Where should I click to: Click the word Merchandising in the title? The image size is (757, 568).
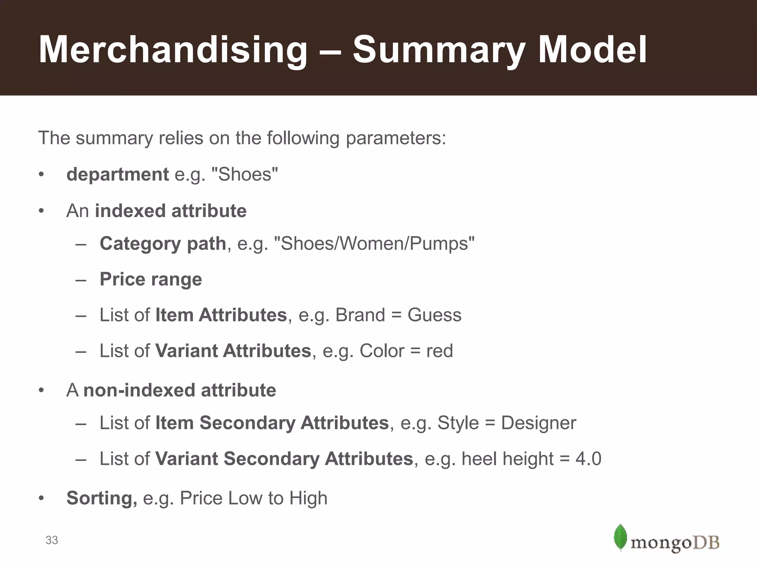click(x=173, y=50)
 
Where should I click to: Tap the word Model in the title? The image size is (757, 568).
click(x=592, y=50)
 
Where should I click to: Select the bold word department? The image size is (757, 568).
click(x=118, y=174)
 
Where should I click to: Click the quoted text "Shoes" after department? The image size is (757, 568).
click(x=244, y=174)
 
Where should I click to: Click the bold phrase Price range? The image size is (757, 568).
click(x=151, y=279)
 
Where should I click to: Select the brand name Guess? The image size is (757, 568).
click(x=434, y=315)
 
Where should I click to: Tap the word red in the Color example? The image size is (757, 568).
click(x=439, y=351)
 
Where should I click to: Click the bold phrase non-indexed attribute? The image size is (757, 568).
click(x=180, y=390)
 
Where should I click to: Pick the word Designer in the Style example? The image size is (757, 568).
click(x=539, y=423)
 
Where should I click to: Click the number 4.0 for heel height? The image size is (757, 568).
click(x=588, y=459)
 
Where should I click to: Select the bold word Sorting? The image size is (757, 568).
click(x=102, y=498)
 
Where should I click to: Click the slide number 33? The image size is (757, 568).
click(x=52, y=540)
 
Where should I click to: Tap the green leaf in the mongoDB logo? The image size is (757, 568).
click(x=620, y=537)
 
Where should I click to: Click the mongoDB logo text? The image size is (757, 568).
click(x=675, y=543)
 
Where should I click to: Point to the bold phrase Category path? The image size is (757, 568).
click(x=163, y=244)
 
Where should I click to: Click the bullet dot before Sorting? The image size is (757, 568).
click(x=41, y=498)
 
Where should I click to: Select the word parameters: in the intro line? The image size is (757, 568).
click(x=396, y=138)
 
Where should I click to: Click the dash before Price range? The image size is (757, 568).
click(x=81, y=280)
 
